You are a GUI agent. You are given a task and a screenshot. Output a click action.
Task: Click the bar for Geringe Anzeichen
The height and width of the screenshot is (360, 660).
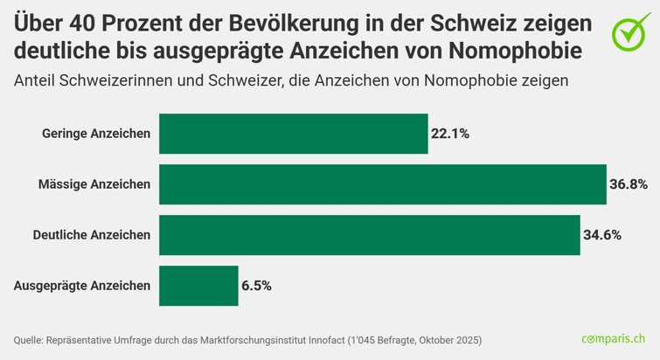click(293, 134)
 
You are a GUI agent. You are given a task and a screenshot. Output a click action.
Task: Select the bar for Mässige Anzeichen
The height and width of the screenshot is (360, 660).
click(382, 184)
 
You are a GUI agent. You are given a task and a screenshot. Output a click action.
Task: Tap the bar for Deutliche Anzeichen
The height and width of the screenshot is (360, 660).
click(369, 235)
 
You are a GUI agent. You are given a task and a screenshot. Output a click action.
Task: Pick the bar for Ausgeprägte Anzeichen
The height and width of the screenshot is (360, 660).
click(198, 286)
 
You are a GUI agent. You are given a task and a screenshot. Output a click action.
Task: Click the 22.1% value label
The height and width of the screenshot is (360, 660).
click(450, 134)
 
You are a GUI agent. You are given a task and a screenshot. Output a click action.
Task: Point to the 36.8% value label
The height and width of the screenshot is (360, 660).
click(629, 184)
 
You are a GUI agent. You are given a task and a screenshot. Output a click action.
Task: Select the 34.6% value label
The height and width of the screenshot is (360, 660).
click(602, 235)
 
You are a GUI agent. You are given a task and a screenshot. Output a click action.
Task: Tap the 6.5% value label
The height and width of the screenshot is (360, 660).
click(257, 286)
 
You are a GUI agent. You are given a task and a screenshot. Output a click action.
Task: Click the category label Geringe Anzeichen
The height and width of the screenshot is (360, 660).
click(96, 134)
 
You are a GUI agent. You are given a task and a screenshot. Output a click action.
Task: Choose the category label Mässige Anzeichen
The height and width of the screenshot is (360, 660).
click(94, 184)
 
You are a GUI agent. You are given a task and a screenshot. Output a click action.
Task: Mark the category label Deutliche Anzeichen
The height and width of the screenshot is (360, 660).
click(91, 235)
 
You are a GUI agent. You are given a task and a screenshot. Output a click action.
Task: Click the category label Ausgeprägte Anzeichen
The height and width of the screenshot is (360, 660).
click(83, 286)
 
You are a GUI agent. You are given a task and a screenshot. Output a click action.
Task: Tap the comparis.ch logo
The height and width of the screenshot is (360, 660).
click(614, 338)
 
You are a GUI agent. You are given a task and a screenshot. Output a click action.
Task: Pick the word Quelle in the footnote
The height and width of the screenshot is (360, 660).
click(30, 339)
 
